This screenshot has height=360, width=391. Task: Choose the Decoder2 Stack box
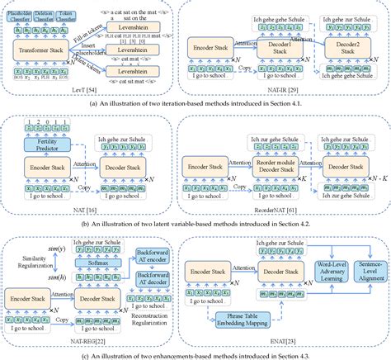346,46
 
